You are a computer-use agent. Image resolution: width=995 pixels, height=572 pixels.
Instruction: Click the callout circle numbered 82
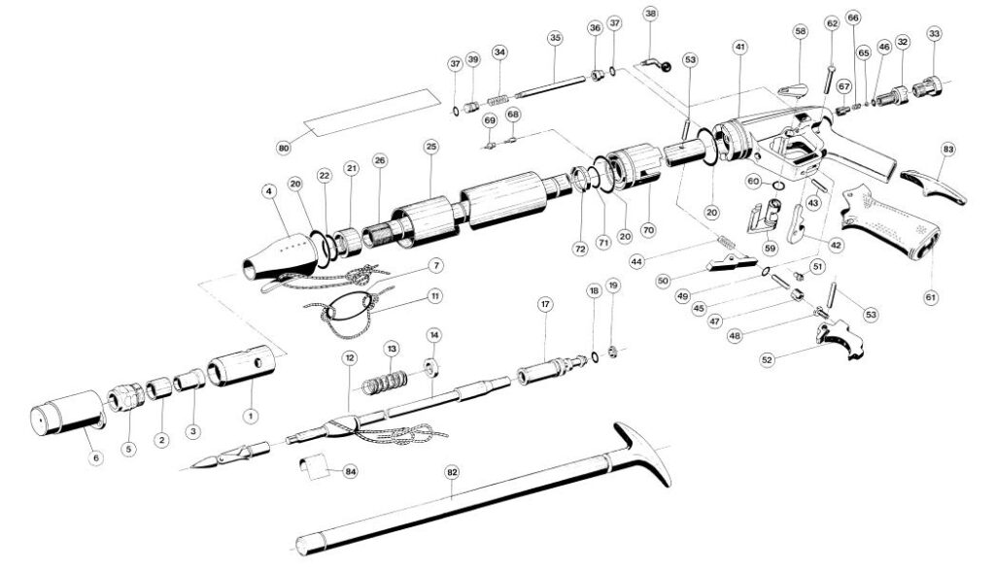(452, 472)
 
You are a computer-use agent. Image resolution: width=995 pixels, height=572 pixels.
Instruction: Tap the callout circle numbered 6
(95, 457)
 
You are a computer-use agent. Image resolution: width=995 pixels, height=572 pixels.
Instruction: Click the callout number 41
(739, 47)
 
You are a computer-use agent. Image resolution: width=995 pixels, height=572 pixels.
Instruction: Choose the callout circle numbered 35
(555, 38)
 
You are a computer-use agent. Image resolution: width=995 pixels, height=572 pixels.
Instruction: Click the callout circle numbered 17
(545, 304)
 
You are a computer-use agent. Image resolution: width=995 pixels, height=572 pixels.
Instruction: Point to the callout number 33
(934, 34)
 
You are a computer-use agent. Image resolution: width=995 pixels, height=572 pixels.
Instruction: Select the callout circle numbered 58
(800, 32)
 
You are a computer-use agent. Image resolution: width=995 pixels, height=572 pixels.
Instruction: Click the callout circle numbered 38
(650, 14)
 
